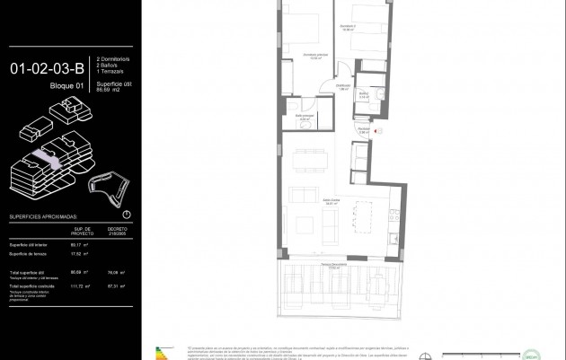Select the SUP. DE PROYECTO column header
(x=82, y=231)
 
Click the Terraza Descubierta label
(x=334, y=266)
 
